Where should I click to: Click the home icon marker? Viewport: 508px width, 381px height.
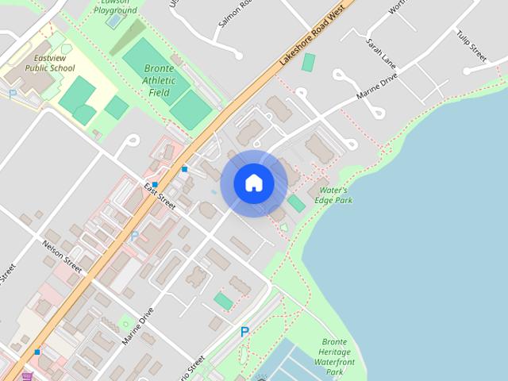[254, 183]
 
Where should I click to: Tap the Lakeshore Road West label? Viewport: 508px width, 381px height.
[312, 40]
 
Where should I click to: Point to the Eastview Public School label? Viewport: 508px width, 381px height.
[50, 63]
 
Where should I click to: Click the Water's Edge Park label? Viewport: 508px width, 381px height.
[335, 195]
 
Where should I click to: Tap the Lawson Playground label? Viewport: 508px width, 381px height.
[116, 6]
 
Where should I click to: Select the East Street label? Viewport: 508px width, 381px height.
[159, 195]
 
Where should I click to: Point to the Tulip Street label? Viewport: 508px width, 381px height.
[471, 45]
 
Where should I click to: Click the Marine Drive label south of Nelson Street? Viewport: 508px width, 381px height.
[137, 325]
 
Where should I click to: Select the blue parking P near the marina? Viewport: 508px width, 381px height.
[244, 333]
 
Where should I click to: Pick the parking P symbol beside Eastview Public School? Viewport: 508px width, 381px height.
[13, 94]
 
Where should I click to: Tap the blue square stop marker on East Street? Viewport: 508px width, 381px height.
[156, 184]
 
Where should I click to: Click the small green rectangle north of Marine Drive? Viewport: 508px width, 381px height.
[308, 61]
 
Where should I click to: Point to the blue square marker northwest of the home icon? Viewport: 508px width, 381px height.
[184, 168]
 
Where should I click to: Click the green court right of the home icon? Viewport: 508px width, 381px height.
[296, 203]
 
